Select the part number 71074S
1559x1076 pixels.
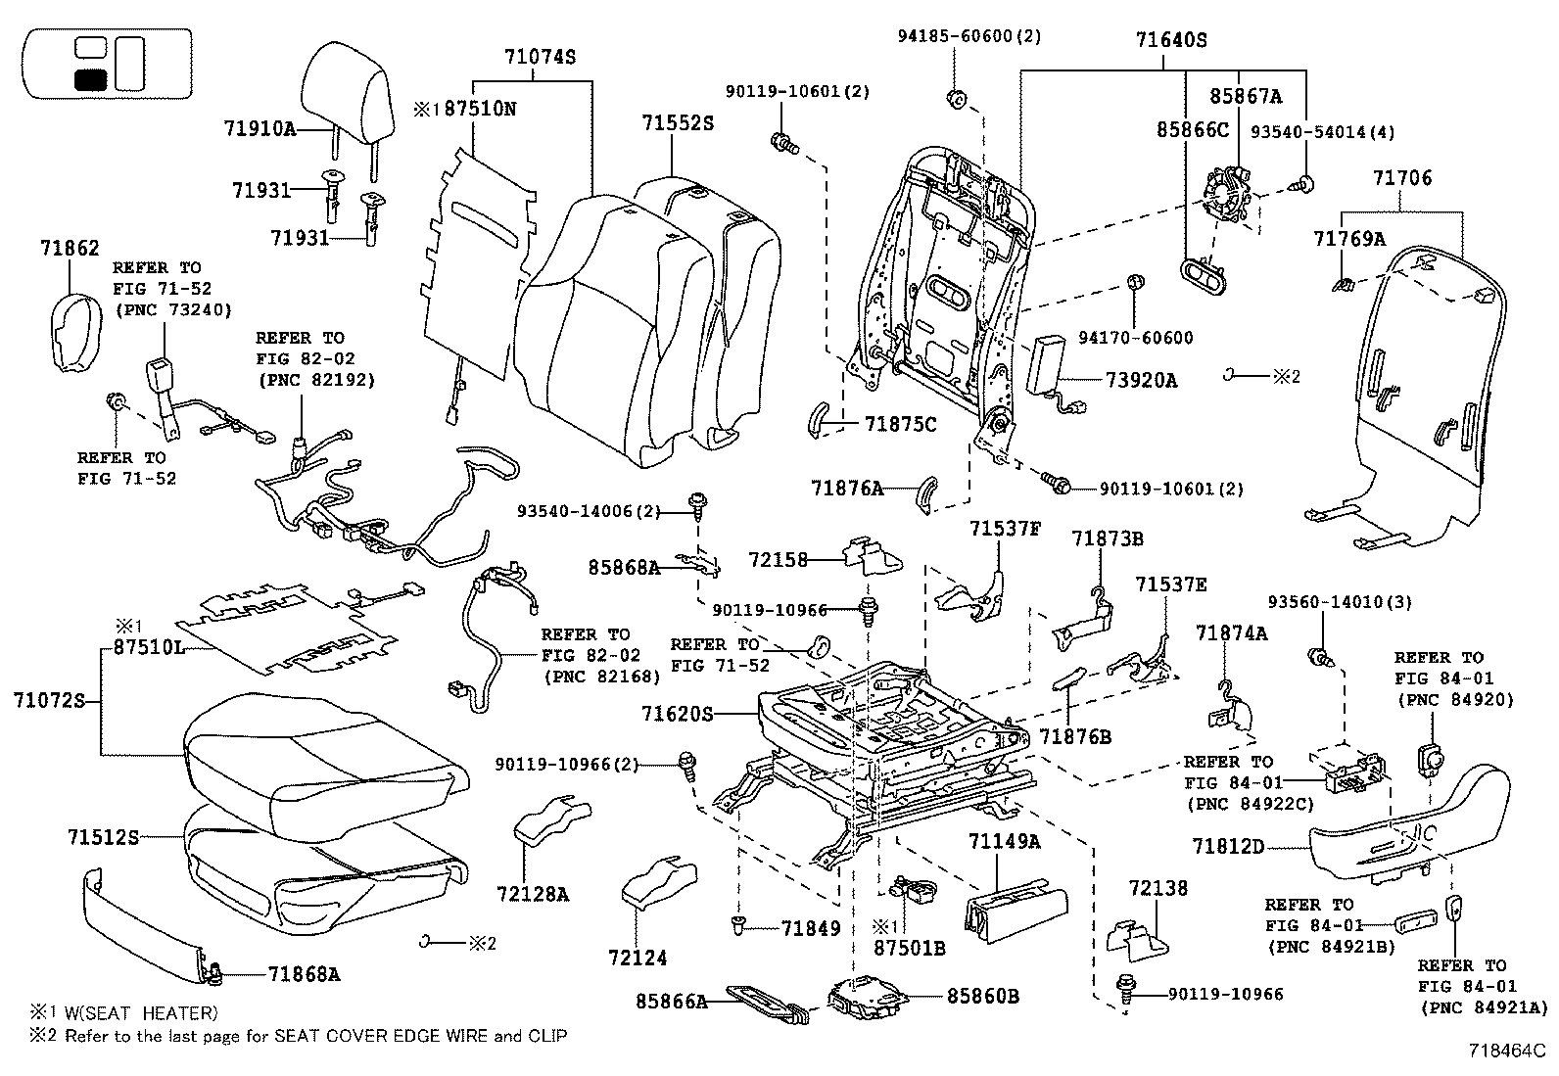[x=541, y=57]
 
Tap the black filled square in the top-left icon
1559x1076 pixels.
[x=91, y=80]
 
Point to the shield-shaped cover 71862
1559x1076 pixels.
[x=74, y=332]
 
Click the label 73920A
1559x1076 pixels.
[x=1141, y=380]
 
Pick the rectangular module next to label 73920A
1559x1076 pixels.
[x=1048, y=363]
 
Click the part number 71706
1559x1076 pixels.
[x=1401, y=177]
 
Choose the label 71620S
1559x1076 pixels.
[x=678, y=715]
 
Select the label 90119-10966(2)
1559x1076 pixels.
[x=566, y=764]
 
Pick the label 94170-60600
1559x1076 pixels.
[x=1135, y=338]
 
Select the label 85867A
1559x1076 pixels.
[x=1246, y=96]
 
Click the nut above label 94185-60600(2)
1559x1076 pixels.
[x=958, y=97]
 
